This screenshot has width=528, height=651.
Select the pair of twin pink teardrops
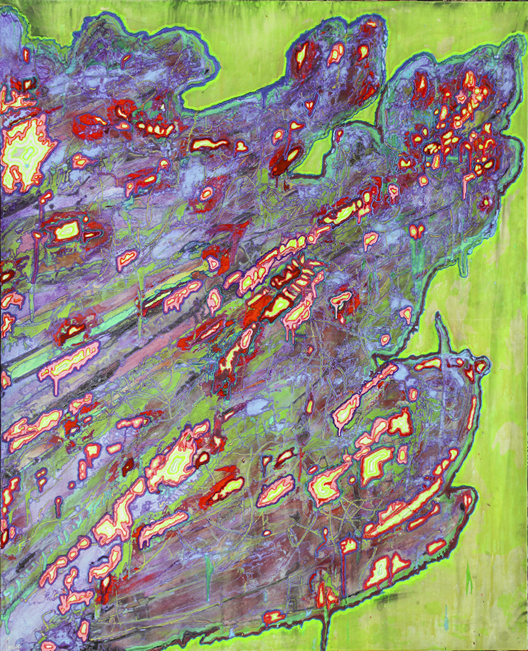pos(417,231)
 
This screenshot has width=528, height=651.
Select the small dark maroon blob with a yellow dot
pos(128,467)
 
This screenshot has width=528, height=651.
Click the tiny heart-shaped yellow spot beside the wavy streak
pos(241,147)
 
